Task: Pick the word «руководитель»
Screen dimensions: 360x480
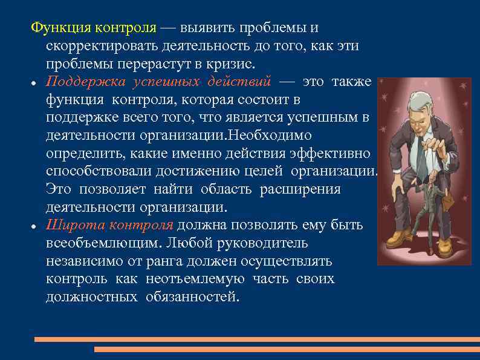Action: point(268,243)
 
